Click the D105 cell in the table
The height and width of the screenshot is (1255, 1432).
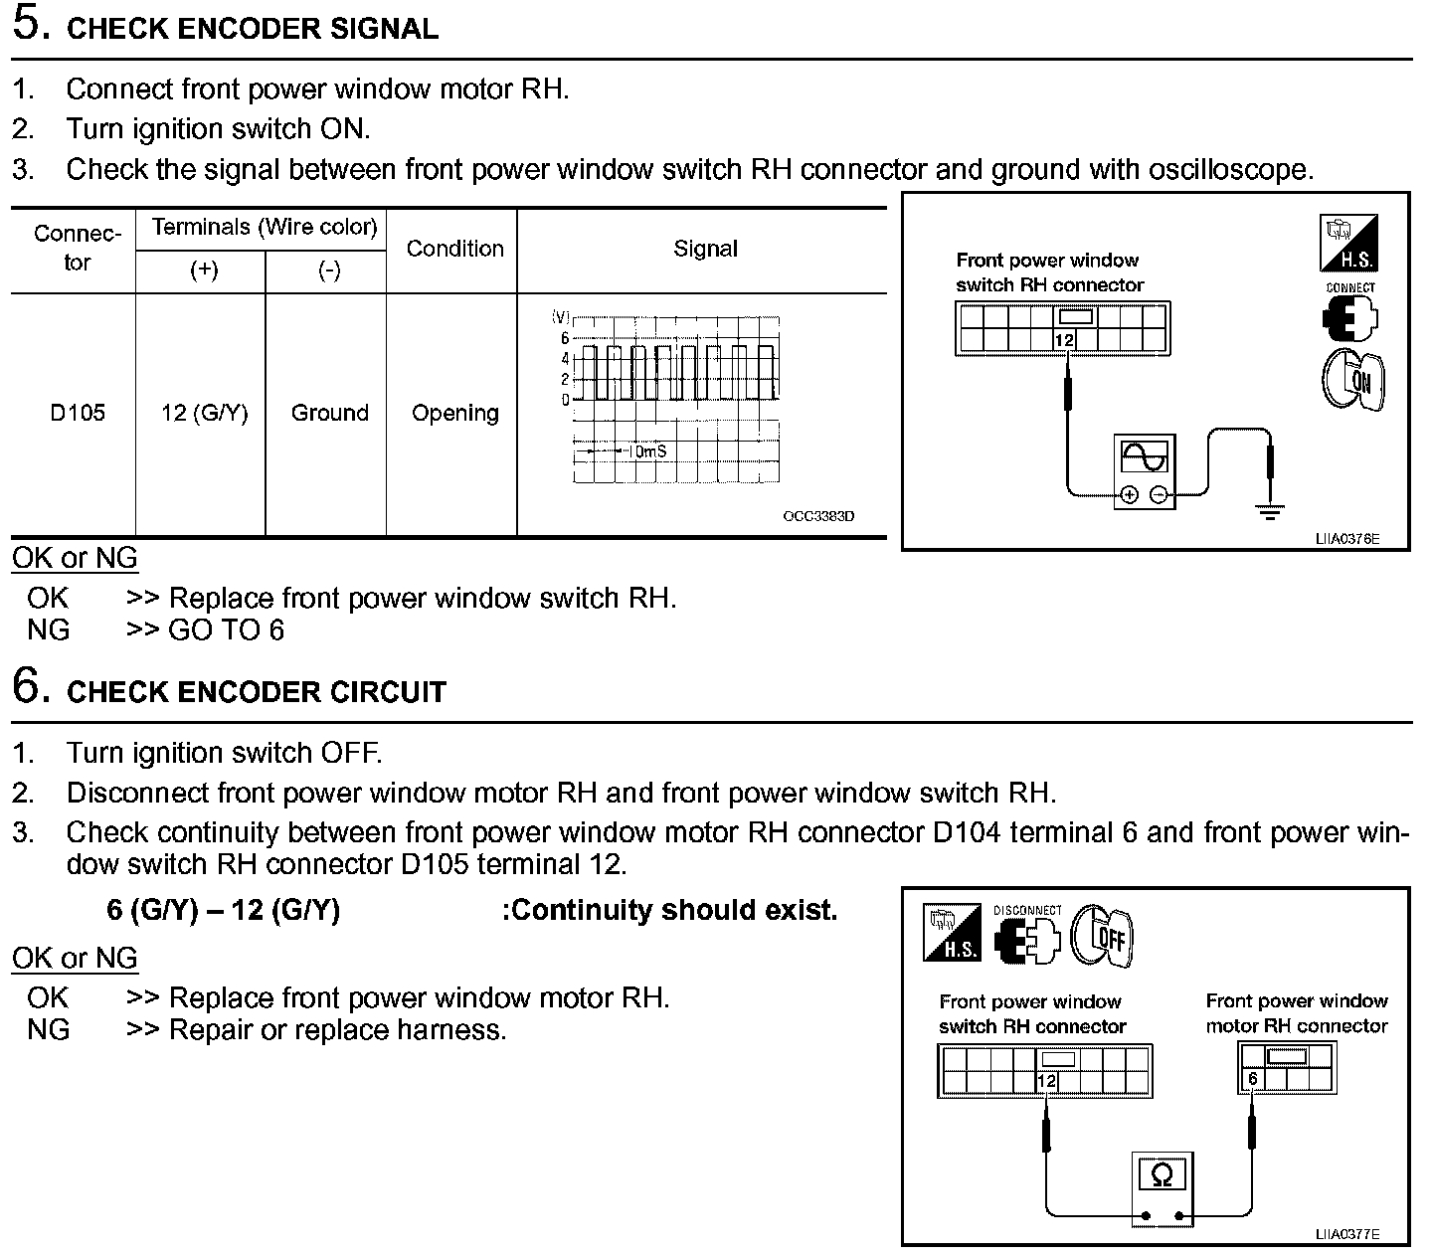coord(78,413)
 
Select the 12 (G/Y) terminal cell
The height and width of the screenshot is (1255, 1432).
coord(204,413)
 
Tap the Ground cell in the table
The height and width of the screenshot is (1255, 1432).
coord(329,413)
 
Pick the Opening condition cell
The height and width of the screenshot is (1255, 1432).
coord(455,413)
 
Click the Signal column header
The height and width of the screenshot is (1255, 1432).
coord(705,249)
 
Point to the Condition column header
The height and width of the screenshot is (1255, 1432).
coord(455,249)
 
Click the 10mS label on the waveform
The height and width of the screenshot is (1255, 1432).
coord(647,451)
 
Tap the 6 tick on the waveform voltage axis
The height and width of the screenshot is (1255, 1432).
coord(565,338)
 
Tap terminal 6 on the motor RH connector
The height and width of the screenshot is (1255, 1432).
coord(1253,1079)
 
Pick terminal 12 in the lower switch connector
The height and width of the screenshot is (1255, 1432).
coord(1046,1082)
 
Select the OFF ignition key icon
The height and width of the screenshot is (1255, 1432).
coord(1102,935)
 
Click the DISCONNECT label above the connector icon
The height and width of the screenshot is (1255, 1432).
coord(1027,910)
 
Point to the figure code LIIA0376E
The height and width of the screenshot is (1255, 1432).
coord(1347,539)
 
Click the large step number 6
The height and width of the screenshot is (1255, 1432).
coord(29,686)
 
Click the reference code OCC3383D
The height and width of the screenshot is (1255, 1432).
coord(818,516)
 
